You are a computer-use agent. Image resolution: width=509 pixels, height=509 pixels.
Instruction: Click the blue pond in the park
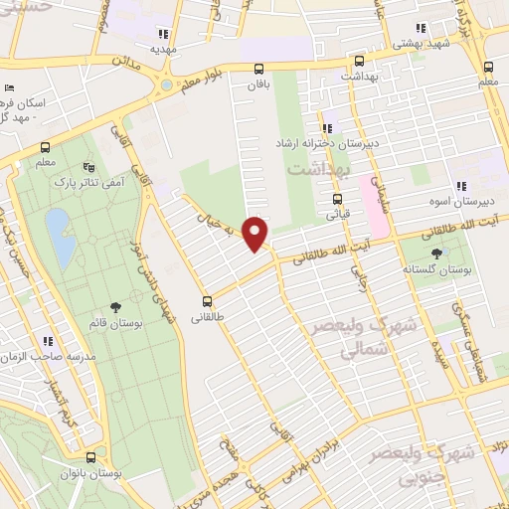[59, 239]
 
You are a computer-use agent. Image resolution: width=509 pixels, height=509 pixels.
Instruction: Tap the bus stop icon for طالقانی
[208, 300]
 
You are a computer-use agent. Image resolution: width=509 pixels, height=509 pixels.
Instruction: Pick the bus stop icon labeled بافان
[258, 69]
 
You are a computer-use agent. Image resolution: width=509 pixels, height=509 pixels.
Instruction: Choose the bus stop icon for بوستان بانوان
[91, 458]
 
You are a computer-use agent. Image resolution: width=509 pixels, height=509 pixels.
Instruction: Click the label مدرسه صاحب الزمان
[48, 356]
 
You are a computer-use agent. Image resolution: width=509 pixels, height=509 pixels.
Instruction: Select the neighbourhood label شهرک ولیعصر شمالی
[349, 338]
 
